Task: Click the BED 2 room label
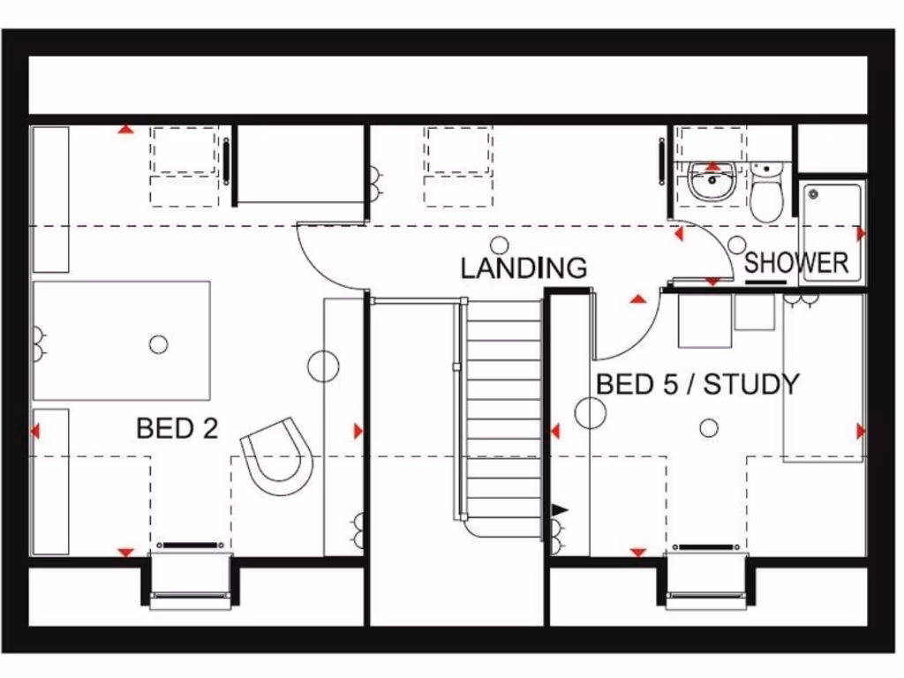point(177,428)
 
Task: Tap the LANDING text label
point(524,267)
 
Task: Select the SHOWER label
point(796,262)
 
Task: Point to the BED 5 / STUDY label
point(697,384)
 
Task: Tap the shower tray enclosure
point(831,232)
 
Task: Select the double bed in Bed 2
point(121,340)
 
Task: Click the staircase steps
point(503,415)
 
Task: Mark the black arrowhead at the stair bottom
point(560,509)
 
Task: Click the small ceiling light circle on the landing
point(500,245)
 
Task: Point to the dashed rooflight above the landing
point(457,165)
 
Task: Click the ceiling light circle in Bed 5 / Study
point(708,428)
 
